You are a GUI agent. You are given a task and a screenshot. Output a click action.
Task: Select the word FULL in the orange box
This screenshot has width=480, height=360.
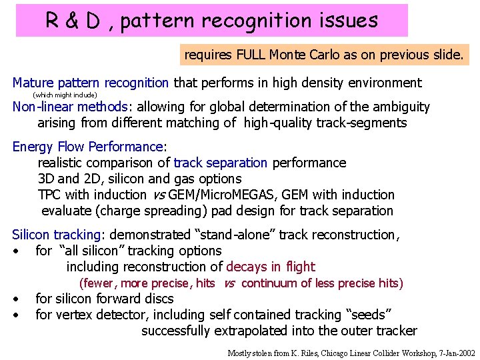(251, 55)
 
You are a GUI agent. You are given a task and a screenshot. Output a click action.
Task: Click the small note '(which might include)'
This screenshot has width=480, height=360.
(65, 95)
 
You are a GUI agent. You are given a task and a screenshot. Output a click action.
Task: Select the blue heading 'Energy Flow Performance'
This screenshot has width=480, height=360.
(87, 147)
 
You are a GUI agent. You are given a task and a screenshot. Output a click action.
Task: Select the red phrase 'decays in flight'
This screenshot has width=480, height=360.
(271, 267)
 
